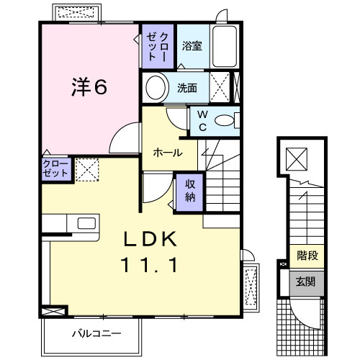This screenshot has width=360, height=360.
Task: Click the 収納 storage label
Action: pyautogui.click(x=188, y=190)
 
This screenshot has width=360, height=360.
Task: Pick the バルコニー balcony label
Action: pyautogui.click(x=96, y=333)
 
